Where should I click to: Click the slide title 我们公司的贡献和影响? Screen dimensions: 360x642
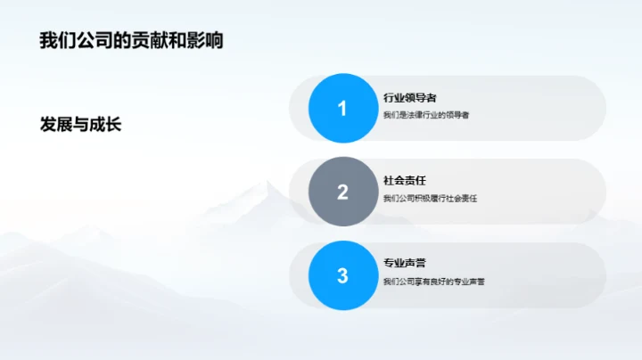(x=131, y=40)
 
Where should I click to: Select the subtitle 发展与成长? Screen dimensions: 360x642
(x=80, y=124)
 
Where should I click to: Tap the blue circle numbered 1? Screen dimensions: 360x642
(x=342, y=108)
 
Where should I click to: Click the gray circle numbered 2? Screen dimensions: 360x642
(x=342, y=192)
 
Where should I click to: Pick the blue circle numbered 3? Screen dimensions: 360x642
(x=342, y=275)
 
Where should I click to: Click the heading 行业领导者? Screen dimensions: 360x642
(x=409, y=97)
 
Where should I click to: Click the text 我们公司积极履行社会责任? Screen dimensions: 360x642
(x=430, y=199)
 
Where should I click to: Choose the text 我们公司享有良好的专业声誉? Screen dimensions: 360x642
(x=433, y=282)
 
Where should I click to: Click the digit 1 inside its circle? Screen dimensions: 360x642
(x=342, y=109)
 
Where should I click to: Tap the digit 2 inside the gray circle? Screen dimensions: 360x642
(x=342, y=192)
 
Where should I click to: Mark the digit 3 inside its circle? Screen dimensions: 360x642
(x=342, y=276)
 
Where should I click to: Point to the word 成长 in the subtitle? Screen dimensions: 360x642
(x=106, y=124)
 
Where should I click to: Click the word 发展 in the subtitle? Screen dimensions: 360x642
(x=53, y=124)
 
